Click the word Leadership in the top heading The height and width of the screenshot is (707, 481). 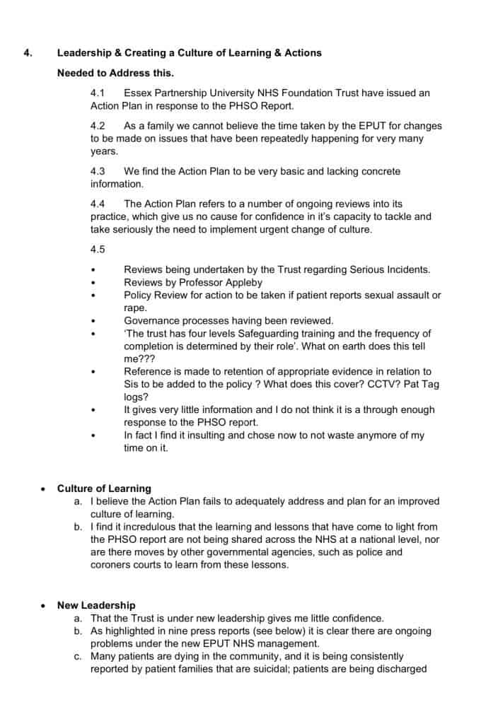[x=88, y=52]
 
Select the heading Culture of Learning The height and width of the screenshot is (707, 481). [x=104, y=488]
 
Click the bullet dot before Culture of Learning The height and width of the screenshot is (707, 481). [x=44, y=489]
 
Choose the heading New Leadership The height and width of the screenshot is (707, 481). [x=96, y=605]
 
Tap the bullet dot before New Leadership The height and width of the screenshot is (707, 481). [x=44, y=606]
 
